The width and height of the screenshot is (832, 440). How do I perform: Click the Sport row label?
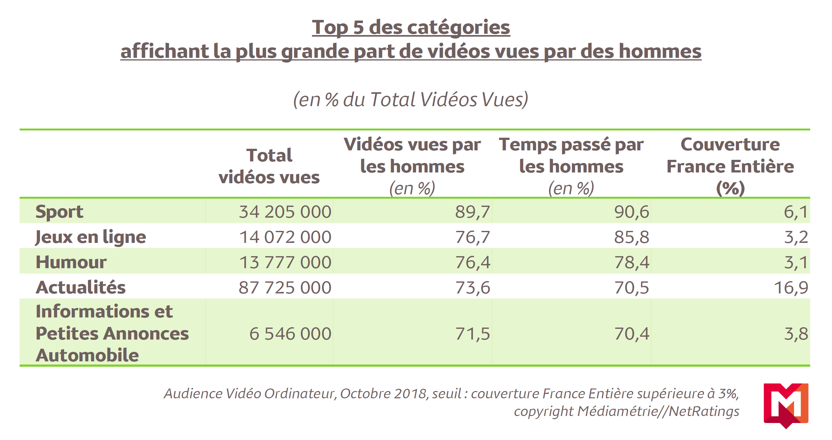[59, 212]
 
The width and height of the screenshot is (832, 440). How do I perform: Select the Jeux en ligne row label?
[90, 237]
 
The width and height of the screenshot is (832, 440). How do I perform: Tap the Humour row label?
[71, 262]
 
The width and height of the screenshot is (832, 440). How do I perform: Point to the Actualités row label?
[80, 287]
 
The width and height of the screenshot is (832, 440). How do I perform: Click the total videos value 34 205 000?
[285, 212]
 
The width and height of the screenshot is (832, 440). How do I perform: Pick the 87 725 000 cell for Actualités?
[285, 287]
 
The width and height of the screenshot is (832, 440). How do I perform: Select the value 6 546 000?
[290, 334]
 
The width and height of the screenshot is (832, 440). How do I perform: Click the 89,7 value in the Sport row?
[473, 212]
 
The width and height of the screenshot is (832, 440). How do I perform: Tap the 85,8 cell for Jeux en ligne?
[632, 237]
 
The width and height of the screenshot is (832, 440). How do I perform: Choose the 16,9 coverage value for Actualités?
[791, 287]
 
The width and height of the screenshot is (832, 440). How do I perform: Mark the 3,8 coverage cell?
[796, 334]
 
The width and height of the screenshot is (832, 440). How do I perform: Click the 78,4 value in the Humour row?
[632, 262]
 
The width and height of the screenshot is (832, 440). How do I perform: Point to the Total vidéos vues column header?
[269, 166]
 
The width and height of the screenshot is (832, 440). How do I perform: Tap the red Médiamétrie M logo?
[786, 405]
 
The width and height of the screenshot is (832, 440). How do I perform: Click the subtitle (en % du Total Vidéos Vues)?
[411, 99]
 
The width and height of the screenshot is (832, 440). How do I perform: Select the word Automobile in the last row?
[87, 355]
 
